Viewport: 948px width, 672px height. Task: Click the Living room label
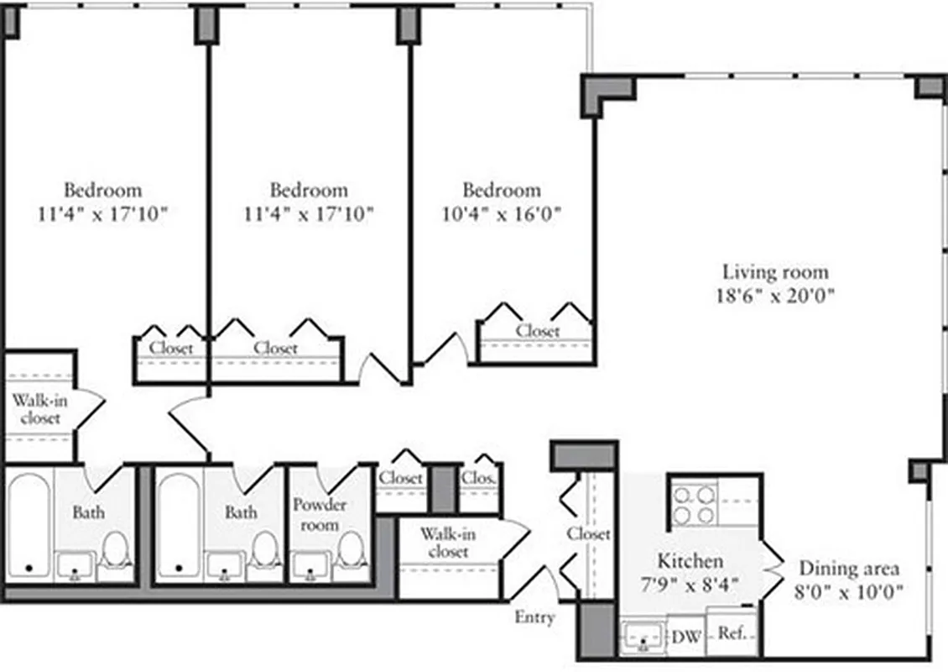775,272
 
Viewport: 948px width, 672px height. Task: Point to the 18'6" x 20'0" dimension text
775,296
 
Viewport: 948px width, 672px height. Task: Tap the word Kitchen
689,561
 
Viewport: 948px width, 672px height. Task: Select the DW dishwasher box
686,636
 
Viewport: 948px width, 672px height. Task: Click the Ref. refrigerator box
732,633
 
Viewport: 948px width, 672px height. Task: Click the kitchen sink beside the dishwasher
642,638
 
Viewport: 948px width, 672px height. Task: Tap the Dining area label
849,569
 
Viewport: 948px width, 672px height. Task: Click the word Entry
534,617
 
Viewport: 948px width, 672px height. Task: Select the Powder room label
319,514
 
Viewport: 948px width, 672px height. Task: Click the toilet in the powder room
351,551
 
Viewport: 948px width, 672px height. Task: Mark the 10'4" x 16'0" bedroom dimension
501,213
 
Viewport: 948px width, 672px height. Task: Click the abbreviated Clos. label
479,478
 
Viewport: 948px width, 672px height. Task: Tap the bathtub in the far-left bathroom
29,525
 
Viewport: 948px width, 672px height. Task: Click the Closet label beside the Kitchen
587,534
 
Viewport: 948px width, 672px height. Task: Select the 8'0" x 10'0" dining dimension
849,591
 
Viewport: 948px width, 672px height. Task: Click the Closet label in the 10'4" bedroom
537,331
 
